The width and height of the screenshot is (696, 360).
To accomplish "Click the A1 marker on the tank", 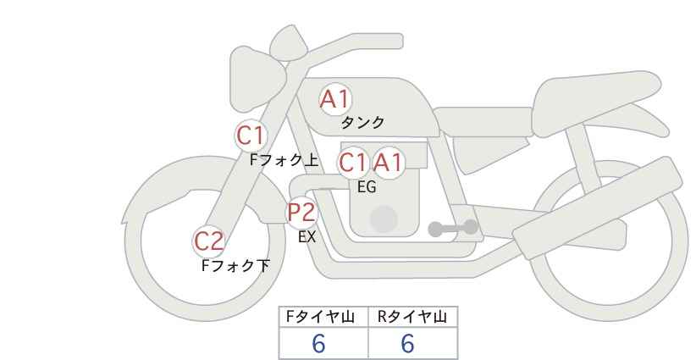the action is click(x=335, y=99).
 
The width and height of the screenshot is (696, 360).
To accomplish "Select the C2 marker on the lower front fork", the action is click(x=209, y=242).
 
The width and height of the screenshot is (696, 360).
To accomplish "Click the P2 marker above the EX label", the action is click(x=301, y=212).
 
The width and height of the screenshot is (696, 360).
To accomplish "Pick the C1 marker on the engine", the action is click(x=353, y=163).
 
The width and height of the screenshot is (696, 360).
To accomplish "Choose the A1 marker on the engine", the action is click(x=388, y=163).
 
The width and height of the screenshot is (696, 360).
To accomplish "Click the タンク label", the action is click(x=362, y=123).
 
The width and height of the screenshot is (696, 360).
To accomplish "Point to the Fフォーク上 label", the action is click(x=284, y=160).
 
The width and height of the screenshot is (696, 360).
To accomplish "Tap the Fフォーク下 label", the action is click(x=235, y=265).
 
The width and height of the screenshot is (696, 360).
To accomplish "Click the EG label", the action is click(x=367, y=187).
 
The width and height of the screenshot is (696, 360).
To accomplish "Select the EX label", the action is click(x=307, y=237).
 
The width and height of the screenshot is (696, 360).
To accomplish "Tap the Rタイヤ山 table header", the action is click(x=412, y=317).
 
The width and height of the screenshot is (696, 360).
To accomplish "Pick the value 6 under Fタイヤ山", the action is click(x=318, y=344).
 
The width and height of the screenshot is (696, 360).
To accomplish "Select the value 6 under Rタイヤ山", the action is click(x=407, y=344).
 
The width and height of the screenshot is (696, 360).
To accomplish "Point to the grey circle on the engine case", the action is click(x=384, y=219).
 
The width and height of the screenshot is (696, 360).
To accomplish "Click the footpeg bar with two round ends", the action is click(x=453, y=228).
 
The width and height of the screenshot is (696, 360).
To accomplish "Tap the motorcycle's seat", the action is click(x=594, y=104).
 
